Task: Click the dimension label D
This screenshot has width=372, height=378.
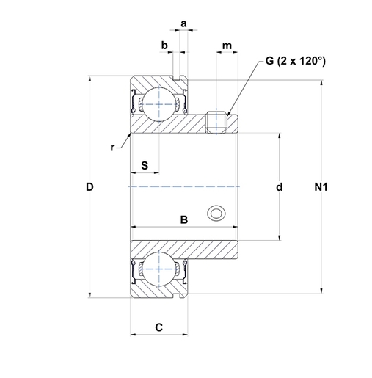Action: tap(90, 187)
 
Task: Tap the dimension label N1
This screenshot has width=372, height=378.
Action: tap(321, 187)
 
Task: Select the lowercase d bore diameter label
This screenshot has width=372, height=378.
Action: tap(279, 187)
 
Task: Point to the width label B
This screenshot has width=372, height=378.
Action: tap(184, 219)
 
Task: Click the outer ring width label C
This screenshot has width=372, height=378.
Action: tap(159, 327)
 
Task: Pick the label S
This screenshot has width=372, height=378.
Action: tap(145, 166)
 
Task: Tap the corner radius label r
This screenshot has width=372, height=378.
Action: tap(112, 148)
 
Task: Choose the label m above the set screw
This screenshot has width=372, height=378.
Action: tap(227, 46)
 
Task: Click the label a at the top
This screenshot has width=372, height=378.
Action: tap(183, 24)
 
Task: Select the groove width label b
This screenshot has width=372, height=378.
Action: tap(164, 46)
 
